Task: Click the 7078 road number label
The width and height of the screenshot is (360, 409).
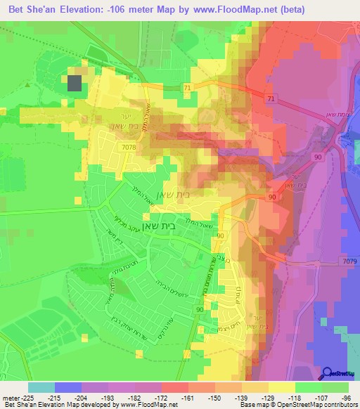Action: point(130,147)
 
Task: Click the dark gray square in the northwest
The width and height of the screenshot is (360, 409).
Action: point(75,83)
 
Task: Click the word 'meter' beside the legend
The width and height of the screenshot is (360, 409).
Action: point(10,396)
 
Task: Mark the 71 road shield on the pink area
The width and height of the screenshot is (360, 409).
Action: point(271,100)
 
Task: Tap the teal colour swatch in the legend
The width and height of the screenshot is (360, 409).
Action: point(41,387)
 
